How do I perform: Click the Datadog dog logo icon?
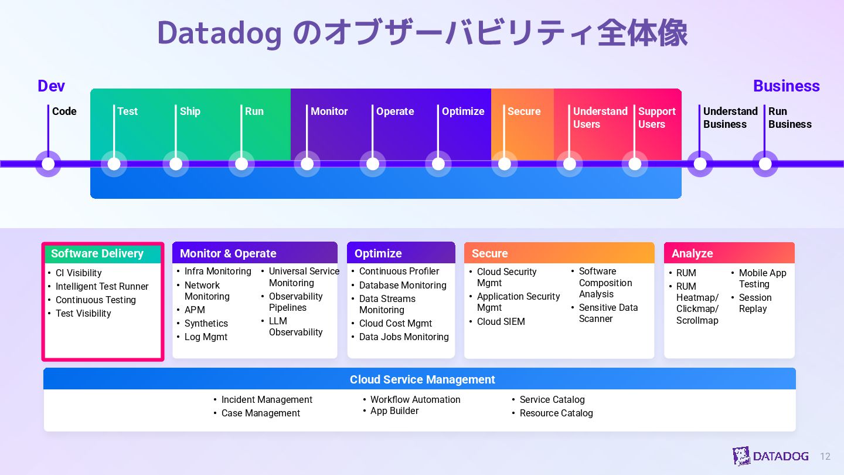click(741, 456)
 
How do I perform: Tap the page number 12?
click(825, 456)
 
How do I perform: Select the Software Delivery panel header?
click(102, 253)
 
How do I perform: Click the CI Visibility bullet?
click(79, 273)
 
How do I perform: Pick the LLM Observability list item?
click(295, 327)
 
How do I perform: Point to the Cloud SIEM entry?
click(501, 321)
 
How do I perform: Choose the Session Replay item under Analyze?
click(755, 303)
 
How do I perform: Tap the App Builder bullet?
click(394, 410)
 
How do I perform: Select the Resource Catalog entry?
click(556, 413)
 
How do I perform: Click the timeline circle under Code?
click(48, 164)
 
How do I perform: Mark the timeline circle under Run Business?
click(765, 164)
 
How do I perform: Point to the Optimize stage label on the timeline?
click(463, 111)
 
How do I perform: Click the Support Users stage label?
click(656, 118)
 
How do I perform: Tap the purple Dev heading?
click(51, 86)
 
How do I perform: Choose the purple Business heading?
click(786, 86)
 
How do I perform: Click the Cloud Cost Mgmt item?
click(395, 323)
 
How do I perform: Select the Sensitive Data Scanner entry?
click(608, 313)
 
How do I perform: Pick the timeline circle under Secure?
click(504, 164)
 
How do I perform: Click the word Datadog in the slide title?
click(219, 33)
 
